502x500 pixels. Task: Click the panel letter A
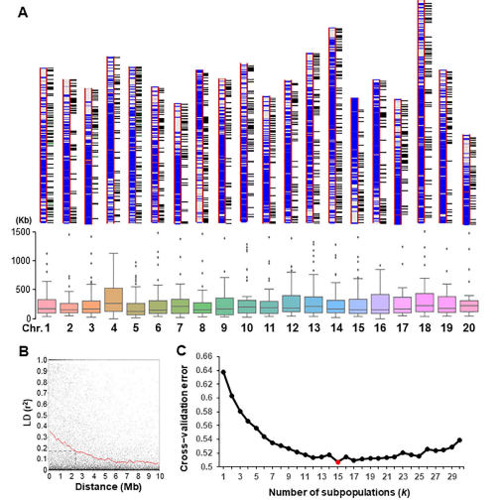click(x=23, y=13)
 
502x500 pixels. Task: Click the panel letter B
click(x=24, y=351)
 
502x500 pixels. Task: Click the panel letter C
click(x=182, y=350)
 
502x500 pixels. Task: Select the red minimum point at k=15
click(x=337, y=462)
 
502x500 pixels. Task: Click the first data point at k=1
click(x=223, y=372)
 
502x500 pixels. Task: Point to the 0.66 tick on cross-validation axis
click(x=204, y=356)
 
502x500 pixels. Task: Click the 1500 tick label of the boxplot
click(x=21, y=232)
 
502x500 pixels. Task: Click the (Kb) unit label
click(x=23, y=220)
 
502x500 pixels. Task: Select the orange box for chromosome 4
click(x=113, y=300)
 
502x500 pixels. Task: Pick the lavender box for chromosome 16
click(x=380, y=304)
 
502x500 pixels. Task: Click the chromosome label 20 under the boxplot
click(x=468, y=327)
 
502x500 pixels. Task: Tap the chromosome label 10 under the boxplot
click(x=247, y=327)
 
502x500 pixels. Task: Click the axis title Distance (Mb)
click(x=108, y=487)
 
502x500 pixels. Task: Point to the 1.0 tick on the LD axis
click(x=42, y=360)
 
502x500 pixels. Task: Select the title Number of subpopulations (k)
click(x=339, y=493)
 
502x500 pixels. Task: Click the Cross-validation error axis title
click(x=184, y=419)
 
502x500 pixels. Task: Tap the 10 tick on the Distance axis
click(x=160, y=476)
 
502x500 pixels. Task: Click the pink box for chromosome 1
click(x=47, y=307)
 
